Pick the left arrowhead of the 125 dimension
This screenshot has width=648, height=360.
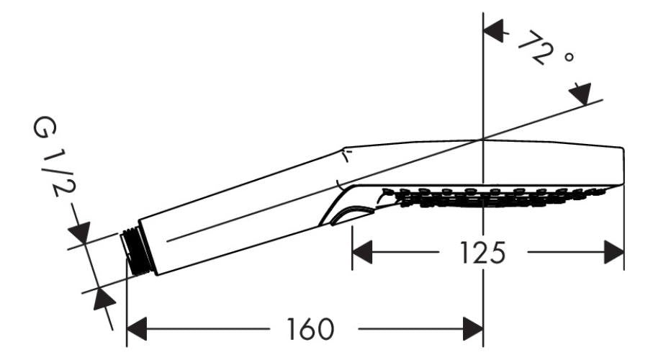coord(361,253)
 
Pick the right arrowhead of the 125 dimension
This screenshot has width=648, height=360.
coord(613,253)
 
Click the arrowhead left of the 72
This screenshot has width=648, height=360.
coord(492,31)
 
